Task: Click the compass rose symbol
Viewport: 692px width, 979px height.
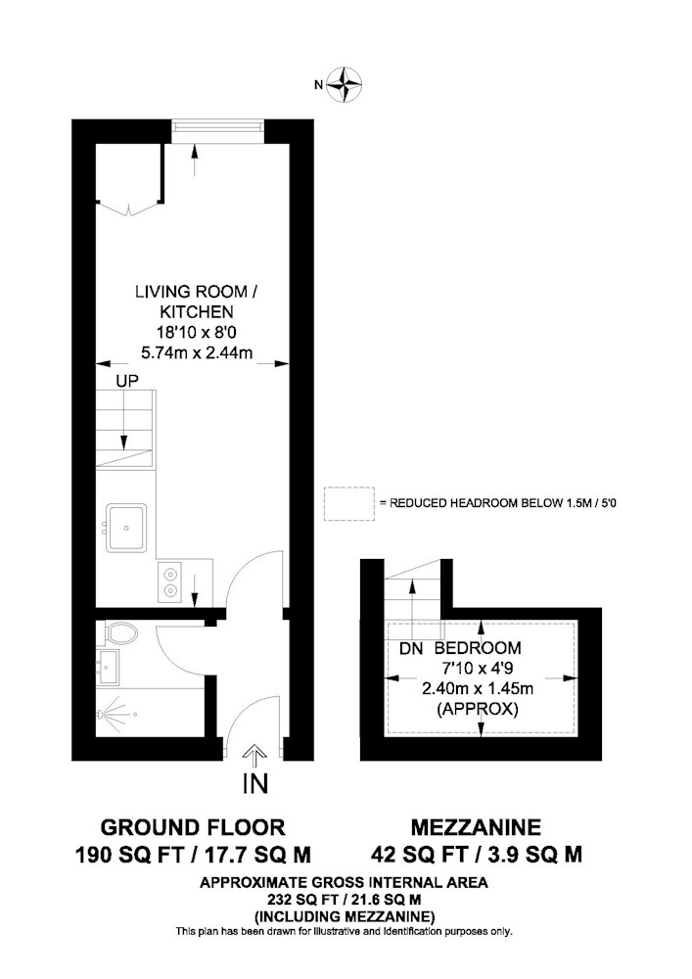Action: click(345, 83)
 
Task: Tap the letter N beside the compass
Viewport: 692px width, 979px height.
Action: click(318, 84)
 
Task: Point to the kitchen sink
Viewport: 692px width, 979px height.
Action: click(126, 528)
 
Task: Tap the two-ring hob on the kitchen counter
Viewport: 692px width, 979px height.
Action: click(169, 582)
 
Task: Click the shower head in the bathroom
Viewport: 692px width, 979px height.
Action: click(112, 713)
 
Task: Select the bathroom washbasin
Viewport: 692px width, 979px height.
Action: click(108, 667)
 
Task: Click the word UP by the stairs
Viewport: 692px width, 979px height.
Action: click(127, 380)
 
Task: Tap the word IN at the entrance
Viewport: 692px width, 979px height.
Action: click(255, 782)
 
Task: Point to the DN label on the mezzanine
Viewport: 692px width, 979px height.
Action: click(411, 649)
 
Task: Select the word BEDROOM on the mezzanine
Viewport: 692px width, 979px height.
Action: click(478, 648)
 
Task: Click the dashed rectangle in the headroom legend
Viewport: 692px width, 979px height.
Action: click(349, 504)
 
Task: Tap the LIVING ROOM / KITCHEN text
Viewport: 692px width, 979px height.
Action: click(196, 301)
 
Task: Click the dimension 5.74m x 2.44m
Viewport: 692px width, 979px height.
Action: click(197, 352)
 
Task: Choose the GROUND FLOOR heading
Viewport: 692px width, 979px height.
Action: click(193, 827)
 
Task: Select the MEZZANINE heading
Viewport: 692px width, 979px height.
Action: click(476, 827)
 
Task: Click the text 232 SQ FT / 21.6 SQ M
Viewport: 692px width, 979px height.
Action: click(344, 900)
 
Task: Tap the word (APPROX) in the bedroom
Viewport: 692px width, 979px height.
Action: click(478, 709)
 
